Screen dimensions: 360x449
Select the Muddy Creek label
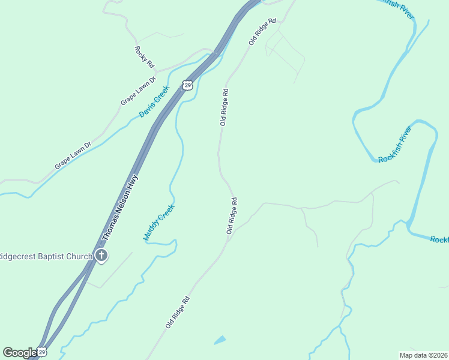158,223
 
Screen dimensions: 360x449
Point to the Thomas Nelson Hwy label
120,208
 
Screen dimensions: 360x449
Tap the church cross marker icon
101,256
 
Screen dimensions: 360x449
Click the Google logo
20,352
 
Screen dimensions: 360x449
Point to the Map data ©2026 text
423,355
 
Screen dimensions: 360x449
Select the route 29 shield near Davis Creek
188,86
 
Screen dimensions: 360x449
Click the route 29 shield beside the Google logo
41,352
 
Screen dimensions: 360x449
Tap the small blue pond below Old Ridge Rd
220,340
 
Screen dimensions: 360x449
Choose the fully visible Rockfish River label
394,144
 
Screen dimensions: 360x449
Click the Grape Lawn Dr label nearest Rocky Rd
138,91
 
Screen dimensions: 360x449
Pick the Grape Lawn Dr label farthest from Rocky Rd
73,155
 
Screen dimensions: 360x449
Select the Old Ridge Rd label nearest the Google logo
178,312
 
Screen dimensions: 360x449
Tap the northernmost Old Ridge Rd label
262,31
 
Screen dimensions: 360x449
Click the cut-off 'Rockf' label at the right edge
439,239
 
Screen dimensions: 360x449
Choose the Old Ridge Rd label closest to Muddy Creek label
232,215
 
